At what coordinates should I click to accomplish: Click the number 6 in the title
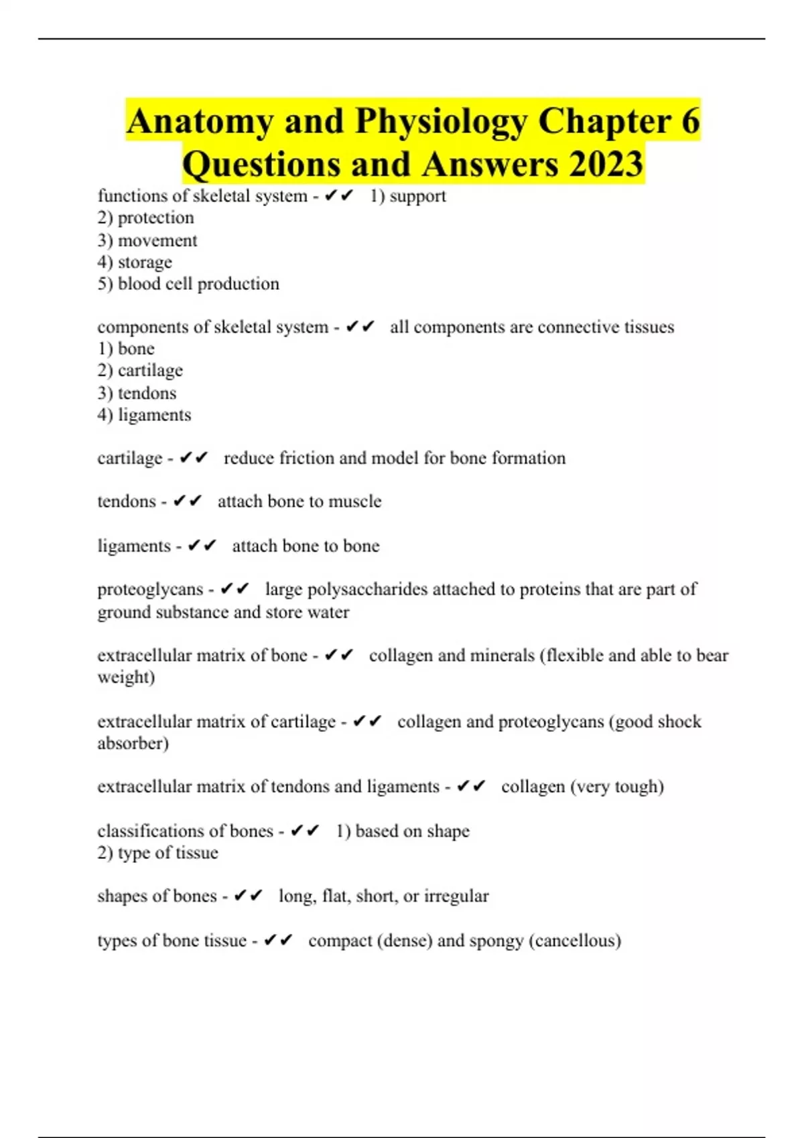(x=691, y=122)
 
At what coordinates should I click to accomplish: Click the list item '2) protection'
(x=145, y=218)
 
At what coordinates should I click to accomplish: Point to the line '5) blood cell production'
(x=188, y=284)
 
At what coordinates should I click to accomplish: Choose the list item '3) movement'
(x=147, y=240)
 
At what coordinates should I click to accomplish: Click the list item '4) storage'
(x=135, y=262)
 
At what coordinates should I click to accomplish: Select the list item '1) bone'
(x=126, y=349)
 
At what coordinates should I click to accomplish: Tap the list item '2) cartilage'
(x=140, y=370)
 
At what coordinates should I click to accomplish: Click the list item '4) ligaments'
(x=144, y=415)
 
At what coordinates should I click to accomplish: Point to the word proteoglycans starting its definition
(x=150, y=589)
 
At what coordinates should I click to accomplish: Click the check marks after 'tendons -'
(x=187, y=501)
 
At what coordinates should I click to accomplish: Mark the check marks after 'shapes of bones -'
(x=248, y=896)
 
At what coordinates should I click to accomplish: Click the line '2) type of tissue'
(x=157, y=853)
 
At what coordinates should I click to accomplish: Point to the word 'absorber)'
(x=133, y=743)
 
